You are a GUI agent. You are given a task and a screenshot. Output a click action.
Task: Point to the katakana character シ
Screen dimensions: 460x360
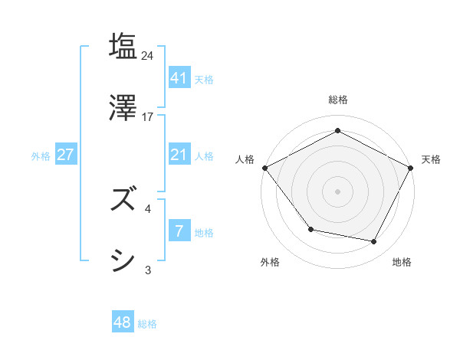tap(123, 261)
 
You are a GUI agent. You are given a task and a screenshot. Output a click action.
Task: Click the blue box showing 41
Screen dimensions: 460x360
tap(179, 77)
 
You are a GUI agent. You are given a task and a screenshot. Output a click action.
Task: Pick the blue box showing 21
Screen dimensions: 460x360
tap(179, 155)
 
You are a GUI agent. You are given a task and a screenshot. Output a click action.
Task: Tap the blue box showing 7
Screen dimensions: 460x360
tap(179, 231)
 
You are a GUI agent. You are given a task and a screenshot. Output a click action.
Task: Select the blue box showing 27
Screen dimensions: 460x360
tap(65, 155)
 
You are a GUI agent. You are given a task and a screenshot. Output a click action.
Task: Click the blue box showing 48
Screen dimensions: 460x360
tap(123, 322)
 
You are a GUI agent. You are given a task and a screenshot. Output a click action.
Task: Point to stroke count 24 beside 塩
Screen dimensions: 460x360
tap(148, 55)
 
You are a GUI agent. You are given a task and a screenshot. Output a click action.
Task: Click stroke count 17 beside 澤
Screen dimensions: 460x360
tap(148, 117)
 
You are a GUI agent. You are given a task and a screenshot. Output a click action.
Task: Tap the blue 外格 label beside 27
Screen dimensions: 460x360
tap(41, 155)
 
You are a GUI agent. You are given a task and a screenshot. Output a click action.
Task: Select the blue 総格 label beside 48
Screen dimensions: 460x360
tap(147, 324)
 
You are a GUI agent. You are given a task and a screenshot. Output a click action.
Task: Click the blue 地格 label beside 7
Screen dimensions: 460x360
tap(204, 232)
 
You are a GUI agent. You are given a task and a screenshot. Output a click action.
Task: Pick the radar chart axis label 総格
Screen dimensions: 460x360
tap(338, 100)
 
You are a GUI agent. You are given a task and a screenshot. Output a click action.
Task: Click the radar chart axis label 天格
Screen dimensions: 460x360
tap(432, 159)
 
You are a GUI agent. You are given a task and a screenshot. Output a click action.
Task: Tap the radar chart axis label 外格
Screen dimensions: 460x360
tap(270, 263)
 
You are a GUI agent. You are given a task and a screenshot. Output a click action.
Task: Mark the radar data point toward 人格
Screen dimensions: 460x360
tap(264, 168)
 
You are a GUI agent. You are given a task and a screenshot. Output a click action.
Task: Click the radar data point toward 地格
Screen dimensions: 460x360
tap(374, 242)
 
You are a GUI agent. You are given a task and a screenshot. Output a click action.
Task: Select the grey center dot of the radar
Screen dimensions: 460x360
tap(337, 191)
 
